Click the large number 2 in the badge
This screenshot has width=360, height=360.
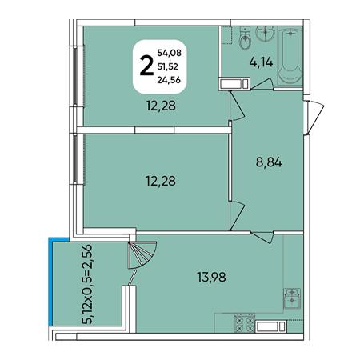(146, 66)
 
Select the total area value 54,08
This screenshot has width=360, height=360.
(170, 53)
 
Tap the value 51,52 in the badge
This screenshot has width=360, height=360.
(167, 66)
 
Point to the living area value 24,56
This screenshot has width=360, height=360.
(169, 80)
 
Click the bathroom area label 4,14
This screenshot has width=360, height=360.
(261, 62)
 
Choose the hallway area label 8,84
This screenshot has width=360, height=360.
(269, 162)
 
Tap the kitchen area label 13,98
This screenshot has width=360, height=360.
(211, 277)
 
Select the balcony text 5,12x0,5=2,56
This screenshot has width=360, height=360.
(87, 284)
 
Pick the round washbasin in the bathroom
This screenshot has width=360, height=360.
(265, 34)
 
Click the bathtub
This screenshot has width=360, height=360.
(290, 56)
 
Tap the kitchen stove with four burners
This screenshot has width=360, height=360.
(245, 323)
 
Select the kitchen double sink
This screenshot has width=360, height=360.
(292, 298)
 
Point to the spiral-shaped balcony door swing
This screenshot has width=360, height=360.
(142, 254)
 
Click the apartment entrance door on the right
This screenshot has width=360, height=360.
(314, 118)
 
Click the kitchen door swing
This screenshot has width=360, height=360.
(262, 237)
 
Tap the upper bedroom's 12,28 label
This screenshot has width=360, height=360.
(161, 106)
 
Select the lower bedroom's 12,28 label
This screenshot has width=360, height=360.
(161, 181)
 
